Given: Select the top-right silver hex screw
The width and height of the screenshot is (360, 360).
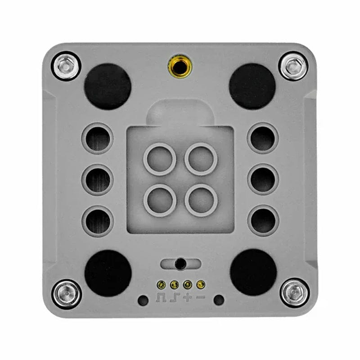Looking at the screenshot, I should click(293, 66).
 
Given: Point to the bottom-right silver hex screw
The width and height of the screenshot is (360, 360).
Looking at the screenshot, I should click(294, 294).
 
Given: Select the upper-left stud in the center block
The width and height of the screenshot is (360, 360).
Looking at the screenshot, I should click(159, 159).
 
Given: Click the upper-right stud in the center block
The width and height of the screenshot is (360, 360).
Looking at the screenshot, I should click(201, 159).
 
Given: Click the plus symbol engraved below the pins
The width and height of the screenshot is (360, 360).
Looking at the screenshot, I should click(188, 298).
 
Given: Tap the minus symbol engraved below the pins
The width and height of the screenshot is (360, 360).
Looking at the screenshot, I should click(201, 298).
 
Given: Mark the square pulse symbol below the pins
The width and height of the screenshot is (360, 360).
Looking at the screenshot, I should click(161, 298).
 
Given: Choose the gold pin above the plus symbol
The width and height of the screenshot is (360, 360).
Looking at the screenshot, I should click(188, 284).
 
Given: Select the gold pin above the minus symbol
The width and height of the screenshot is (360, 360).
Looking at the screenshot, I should click(201, 284).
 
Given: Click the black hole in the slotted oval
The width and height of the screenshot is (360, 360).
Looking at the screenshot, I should click(180, 264).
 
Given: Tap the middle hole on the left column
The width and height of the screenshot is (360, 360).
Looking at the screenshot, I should click(98, 180).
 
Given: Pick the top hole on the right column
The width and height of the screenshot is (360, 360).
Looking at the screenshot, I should click(263, 138).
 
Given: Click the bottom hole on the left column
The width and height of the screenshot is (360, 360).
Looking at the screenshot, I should click(98, 221).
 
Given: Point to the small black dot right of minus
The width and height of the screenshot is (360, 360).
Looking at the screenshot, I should click(219, 300).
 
